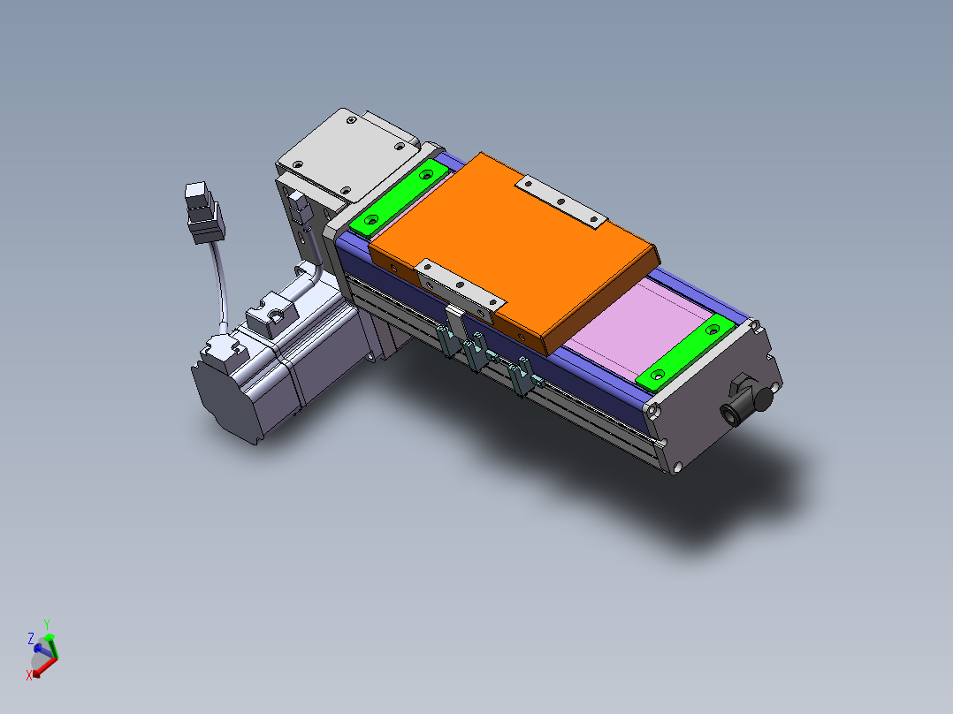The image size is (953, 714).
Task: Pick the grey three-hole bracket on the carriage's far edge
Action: click(x=561, y=201)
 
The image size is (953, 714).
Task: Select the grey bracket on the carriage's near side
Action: click(x=458, y=285)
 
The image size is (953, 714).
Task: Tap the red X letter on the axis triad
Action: click(x=29, y=674)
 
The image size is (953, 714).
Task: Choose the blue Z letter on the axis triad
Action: click(x=30, y=637)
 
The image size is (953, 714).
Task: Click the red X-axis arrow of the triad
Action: click(x=44, y=665)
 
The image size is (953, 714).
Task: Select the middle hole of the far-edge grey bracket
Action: click(x=561, y=201)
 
